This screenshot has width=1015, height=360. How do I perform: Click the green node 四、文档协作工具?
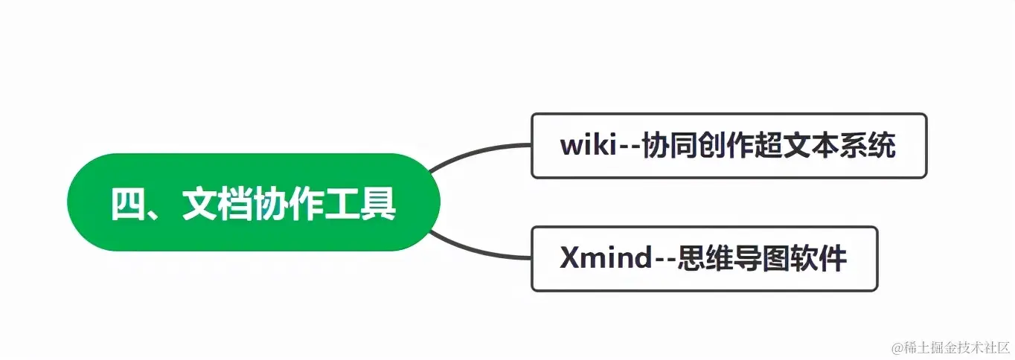pyautogui.click(x=253, y=202)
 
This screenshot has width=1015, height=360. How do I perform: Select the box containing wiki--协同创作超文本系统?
pyautogui.click(x=729, y=146)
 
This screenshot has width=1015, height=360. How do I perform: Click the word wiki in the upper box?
pyautogui.click(x=589, y=147)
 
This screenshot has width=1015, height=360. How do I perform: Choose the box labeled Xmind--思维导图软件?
pyautogui.click(x=704, y=259)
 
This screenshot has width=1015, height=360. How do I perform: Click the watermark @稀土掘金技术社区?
pyautogui.click(x=950, y=347)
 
